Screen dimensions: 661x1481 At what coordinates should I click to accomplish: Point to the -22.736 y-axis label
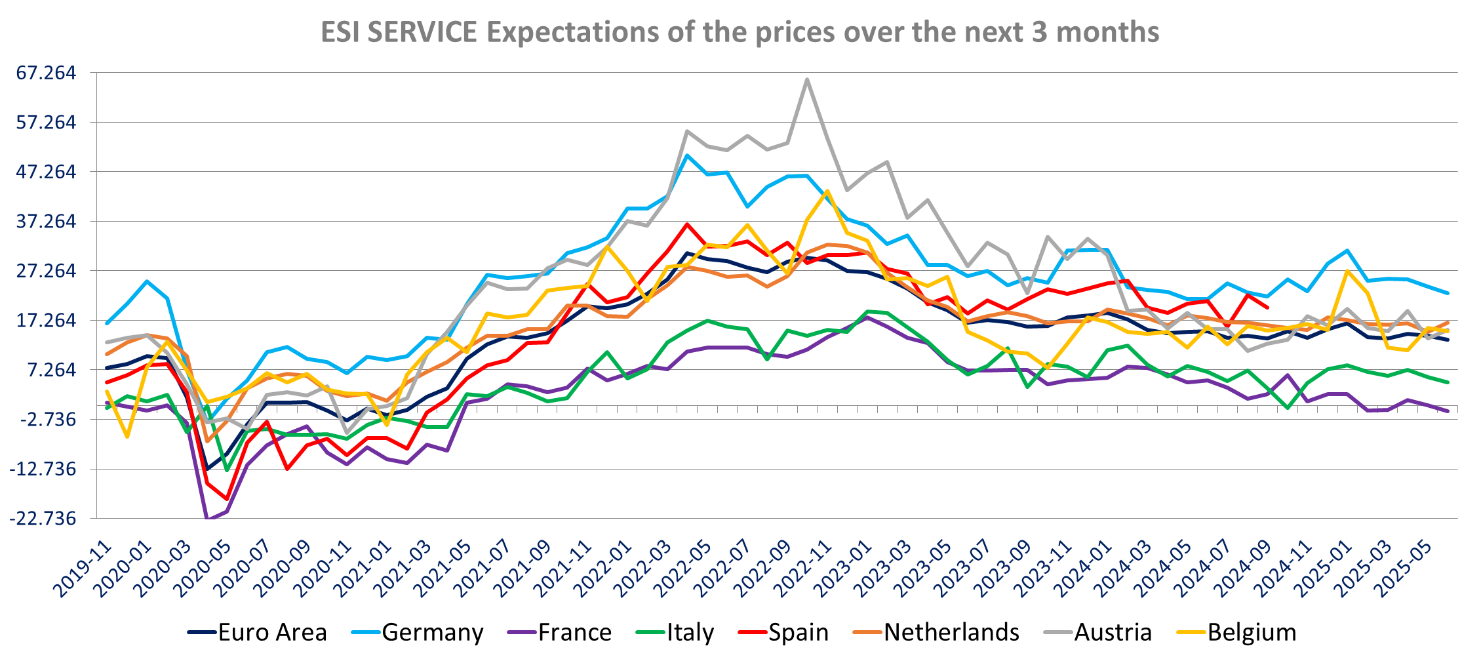pyautogui.click(x=43, y=519)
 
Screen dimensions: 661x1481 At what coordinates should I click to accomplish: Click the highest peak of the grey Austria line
pyautogui.click(x=807, y=79)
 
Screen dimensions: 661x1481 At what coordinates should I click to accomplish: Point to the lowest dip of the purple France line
pyautogui.click(x=207, y=519)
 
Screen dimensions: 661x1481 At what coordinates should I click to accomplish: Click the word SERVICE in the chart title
pyautogui.click(x=422, y=32)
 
